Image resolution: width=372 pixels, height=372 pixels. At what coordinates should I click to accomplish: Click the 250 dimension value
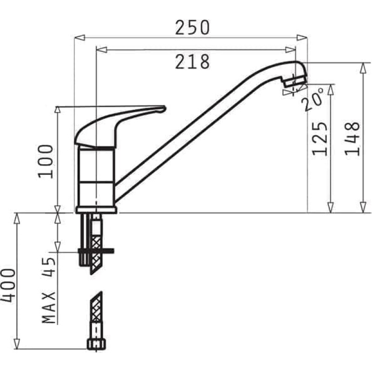point(192,28)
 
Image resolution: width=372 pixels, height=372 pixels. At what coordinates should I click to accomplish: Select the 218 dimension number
point(192,61)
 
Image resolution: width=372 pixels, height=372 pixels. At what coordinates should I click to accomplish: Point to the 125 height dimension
point(319,139)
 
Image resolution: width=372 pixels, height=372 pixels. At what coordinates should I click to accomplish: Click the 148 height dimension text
point(352,139)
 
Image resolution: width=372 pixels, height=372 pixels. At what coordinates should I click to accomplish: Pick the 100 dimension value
point(46,160)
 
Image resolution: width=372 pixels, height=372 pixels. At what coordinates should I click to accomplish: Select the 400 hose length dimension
point(8,285)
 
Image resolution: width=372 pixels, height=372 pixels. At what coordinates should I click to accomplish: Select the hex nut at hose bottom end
point(95,344)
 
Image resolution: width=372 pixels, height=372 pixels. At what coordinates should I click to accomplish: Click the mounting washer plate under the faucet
point(96,252)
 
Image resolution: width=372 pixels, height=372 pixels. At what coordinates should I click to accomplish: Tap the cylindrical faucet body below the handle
point(96,177)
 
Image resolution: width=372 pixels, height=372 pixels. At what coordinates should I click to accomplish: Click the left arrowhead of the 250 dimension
point(78,37)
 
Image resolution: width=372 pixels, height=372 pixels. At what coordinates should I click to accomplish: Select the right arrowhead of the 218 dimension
point(291,49)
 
